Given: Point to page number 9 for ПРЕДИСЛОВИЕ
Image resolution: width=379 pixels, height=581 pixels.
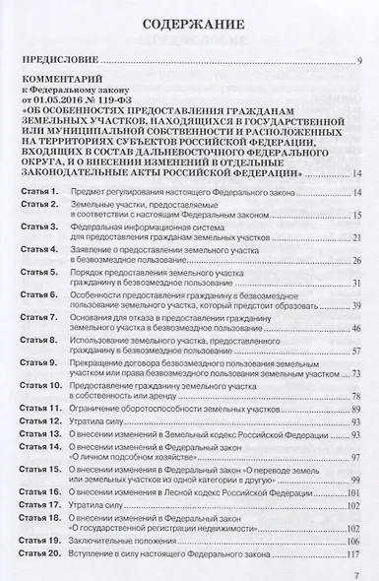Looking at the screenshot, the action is pos(361,62).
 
